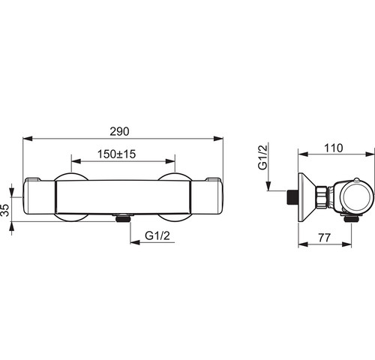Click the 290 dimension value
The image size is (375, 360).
[119, 131]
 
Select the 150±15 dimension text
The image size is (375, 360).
[116, 154]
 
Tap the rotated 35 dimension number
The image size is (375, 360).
[5, 210]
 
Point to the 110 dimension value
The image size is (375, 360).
[334, 148]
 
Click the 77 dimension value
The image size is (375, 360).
[325, 238]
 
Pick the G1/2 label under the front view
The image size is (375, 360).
[157, 235]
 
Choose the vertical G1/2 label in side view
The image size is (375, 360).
[263, 157]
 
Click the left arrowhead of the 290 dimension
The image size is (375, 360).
[28, 139]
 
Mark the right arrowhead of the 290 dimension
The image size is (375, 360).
[218, 139]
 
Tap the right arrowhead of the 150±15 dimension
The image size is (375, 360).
[170, 161]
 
